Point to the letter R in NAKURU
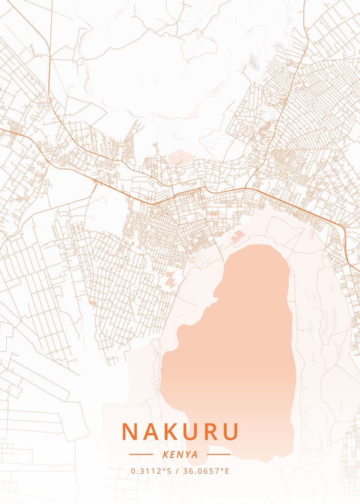[209, 431]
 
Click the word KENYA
[180, 454]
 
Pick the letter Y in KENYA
[187, 454]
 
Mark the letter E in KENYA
[171, 454]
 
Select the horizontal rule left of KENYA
[141, 454]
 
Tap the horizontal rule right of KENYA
[219, 454]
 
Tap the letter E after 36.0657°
[227, 471]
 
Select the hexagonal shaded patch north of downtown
[180, 157]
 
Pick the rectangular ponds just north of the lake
[238, 237]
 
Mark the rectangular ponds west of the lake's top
[170, 279]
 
